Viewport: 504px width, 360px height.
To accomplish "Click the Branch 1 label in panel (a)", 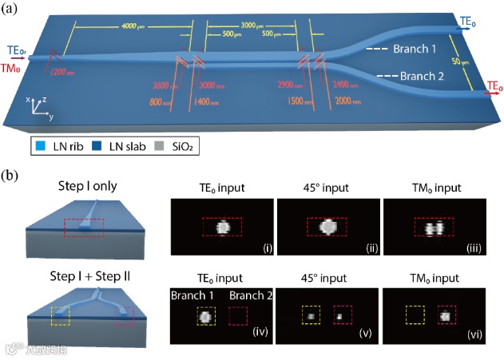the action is point(415,49).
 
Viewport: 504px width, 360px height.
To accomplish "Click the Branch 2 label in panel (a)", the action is point(423,77).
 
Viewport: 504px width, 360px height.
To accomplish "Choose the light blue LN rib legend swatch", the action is point(38,146).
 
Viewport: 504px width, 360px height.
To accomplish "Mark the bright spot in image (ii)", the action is point(327,227).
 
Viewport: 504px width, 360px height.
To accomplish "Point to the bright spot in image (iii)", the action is point(435,228).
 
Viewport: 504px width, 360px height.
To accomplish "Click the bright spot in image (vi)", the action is point(446,316).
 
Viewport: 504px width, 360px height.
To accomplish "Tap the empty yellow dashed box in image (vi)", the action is point(414,316).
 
